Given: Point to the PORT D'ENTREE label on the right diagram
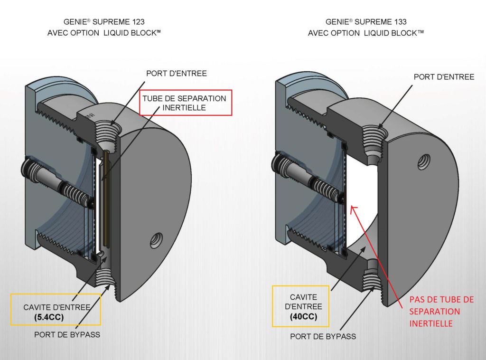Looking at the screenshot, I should [x=444, y=76].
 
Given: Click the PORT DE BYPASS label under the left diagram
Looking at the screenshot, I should [x=67, y=334].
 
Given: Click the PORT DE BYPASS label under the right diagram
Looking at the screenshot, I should [x=323, y=337].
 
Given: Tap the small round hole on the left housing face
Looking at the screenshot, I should [x=155, y=240].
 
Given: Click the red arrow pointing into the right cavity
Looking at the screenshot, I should [x=375, y=252].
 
